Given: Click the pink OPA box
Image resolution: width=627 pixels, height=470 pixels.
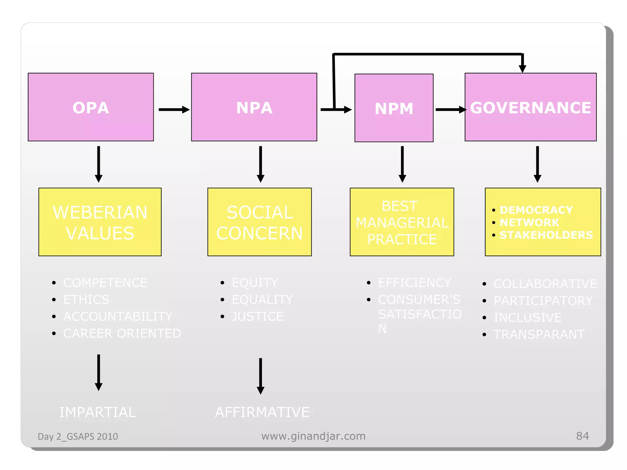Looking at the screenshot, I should [x=91, y=107].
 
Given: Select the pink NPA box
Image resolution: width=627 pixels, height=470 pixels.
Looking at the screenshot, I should [x=254, y=107].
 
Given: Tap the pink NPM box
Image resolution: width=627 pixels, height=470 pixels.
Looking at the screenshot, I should [x=394, y=108].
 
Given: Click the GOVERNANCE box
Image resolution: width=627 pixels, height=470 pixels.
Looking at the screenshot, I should [x=530, y=107].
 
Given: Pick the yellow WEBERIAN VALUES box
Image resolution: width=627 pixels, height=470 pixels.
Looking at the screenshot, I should [x=100, y=222].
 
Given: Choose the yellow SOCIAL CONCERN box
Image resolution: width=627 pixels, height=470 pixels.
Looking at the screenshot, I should [x=259, y=222].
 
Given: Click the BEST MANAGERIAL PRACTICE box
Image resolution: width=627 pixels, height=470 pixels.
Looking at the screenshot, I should [x=402, y=222].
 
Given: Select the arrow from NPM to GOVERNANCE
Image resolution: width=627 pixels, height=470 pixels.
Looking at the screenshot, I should [x=450, y=110].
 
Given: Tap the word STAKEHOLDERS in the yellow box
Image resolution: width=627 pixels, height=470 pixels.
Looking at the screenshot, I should [x=546, y=235].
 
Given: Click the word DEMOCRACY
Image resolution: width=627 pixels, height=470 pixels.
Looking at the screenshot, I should [x=536, y=210].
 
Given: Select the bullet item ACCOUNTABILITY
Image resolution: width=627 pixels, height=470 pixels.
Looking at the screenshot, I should [x=118, y=316].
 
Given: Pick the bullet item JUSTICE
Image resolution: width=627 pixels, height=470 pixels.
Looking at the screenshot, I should [x=257, y=316].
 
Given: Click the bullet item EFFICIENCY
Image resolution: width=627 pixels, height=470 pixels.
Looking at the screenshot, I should [x=415, y=283].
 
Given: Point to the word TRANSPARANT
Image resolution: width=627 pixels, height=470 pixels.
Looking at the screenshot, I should [x=539, y=334].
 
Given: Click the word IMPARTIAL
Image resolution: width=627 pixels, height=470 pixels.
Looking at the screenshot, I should [x=97, y=412].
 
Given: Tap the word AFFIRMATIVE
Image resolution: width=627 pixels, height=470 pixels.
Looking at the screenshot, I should [x=262, y=412].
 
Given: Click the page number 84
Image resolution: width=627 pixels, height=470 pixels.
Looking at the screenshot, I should [x=582, y=436].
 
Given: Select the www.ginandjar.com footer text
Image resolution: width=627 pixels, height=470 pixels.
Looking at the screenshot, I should [x=313, y=436].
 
